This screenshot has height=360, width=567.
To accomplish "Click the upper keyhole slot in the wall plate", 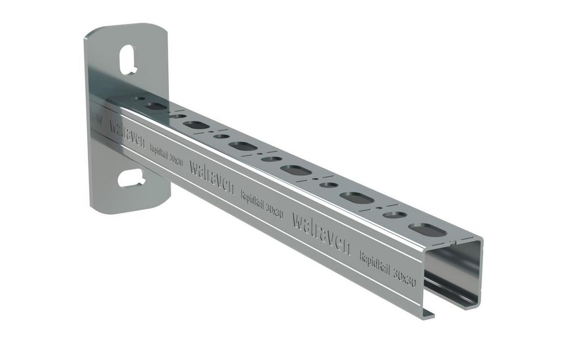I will pos(130,58).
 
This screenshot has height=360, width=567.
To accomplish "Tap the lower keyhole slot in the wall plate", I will pos(131,178).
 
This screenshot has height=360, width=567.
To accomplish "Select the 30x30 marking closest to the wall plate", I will pos(176,160).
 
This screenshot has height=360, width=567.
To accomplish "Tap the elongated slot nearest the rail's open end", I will pos(426,229).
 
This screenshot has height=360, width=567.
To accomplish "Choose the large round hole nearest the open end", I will pos(395,215).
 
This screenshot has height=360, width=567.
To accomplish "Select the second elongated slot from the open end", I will pos(356,197).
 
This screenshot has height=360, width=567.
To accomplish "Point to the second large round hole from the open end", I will pos(328,185).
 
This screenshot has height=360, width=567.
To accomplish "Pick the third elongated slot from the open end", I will pos(294,170).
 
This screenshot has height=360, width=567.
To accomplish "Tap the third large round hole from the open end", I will pos(271,159).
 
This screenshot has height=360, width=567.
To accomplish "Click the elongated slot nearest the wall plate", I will pos(155,105).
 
